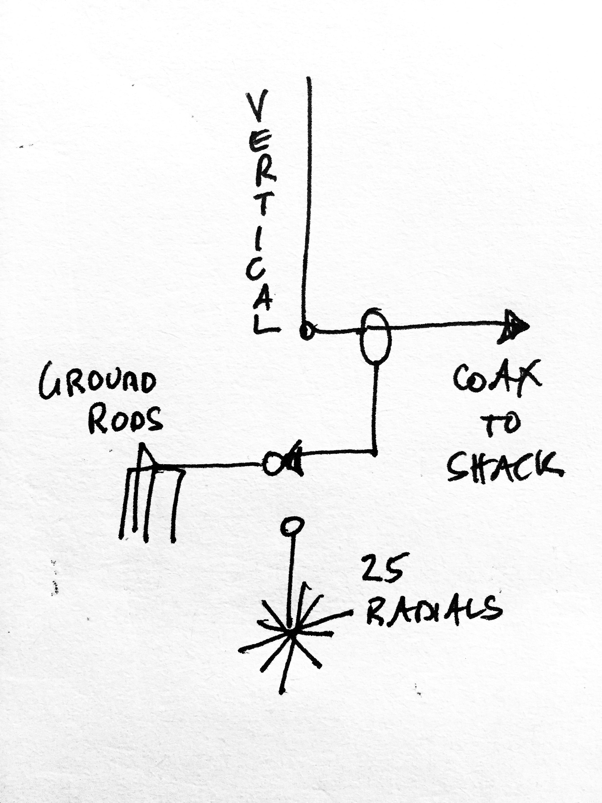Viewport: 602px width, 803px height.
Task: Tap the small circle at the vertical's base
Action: (306, 331)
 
